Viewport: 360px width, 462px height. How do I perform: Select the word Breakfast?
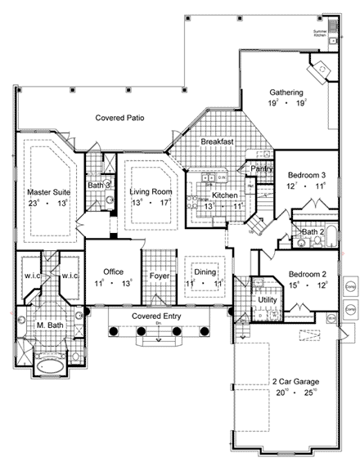point(218,142)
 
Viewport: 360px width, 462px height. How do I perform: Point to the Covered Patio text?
point(119,118)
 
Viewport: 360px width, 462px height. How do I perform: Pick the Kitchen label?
point(225,196)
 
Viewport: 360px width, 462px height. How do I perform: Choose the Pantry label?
point(262,169)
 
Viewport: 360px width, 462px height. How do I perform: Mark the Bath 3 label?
point(99,186)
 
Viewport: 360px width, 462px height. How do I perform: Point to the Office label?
point(113,272)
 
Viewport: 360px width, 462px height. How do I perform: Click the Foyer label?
point(160,276)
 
